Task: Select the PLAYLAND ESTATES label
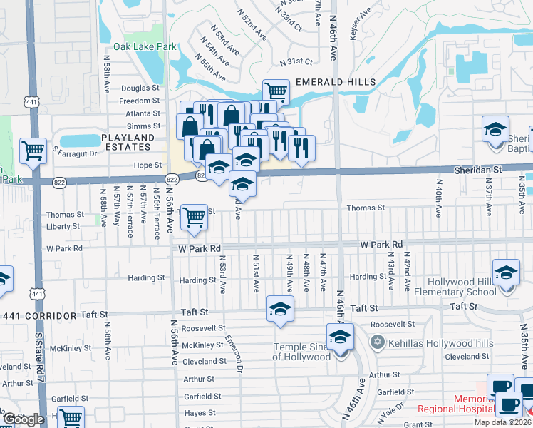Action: (x=128, y=142)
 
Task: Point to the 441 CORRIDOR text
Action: (x=39, y=315)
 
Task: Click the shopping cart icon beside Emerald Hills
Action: (x=276, y=91)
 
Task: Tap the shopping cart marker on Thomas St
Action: (x=194, y=218)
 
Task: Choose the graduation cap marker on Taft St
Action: (x=280, y=309)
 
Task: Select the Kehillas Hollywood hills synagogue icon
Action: (x=377, y=342)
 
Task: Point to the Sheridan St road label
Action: (x=478, y=170)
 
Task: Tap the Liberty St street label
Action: (x=63, y=226)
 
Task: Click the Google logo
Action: (x=24, y=419)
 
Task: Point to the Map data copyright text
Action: (x=502, y=422)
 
